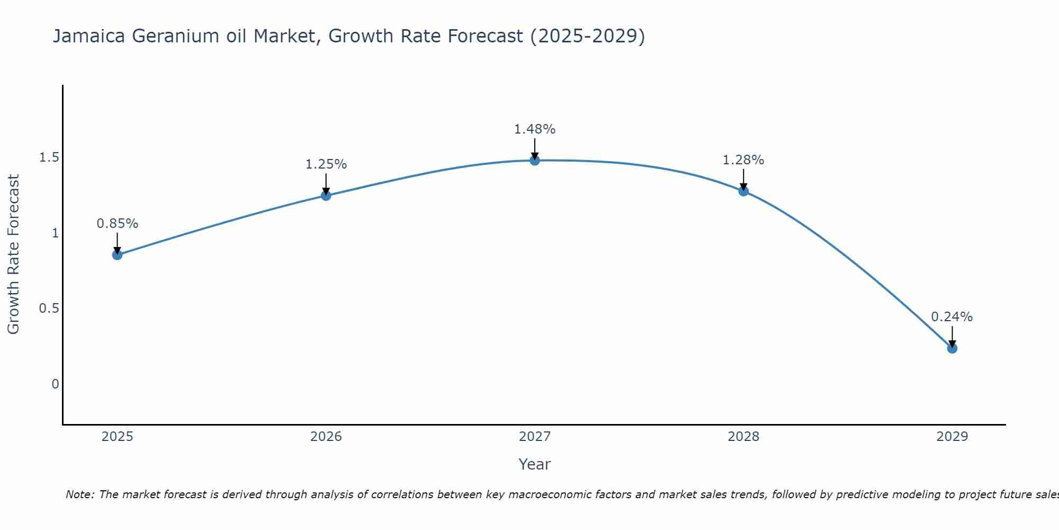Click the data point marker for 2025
pos(117,255)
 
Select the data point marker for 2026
pos(326,196)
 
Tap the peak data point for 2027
pos(535,160)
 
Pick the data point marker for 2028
pos(743,191)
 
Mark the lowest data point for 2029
pos(952,348)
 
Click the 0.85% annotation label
pos(117,224)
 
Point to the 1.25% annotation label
pos(326,164)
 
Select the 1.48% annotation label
pos(535,129)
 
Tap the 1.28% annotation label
pos(743,160)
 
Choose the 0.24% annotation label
pos(952,317)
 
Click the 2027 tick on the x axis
pos(535,437)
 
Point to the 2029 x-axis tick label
pos(952,437)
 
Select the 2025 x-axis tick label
pos(117,437)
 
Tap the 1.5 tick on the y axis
pos(49,157)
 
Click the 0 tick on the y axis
pos(55,384)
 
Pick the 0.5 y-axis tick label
pos(49,308)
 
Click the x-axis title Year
pos(535,464)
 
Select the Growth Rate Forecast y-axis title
pos(13,254)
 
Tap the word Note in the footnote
pos(79,494)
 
